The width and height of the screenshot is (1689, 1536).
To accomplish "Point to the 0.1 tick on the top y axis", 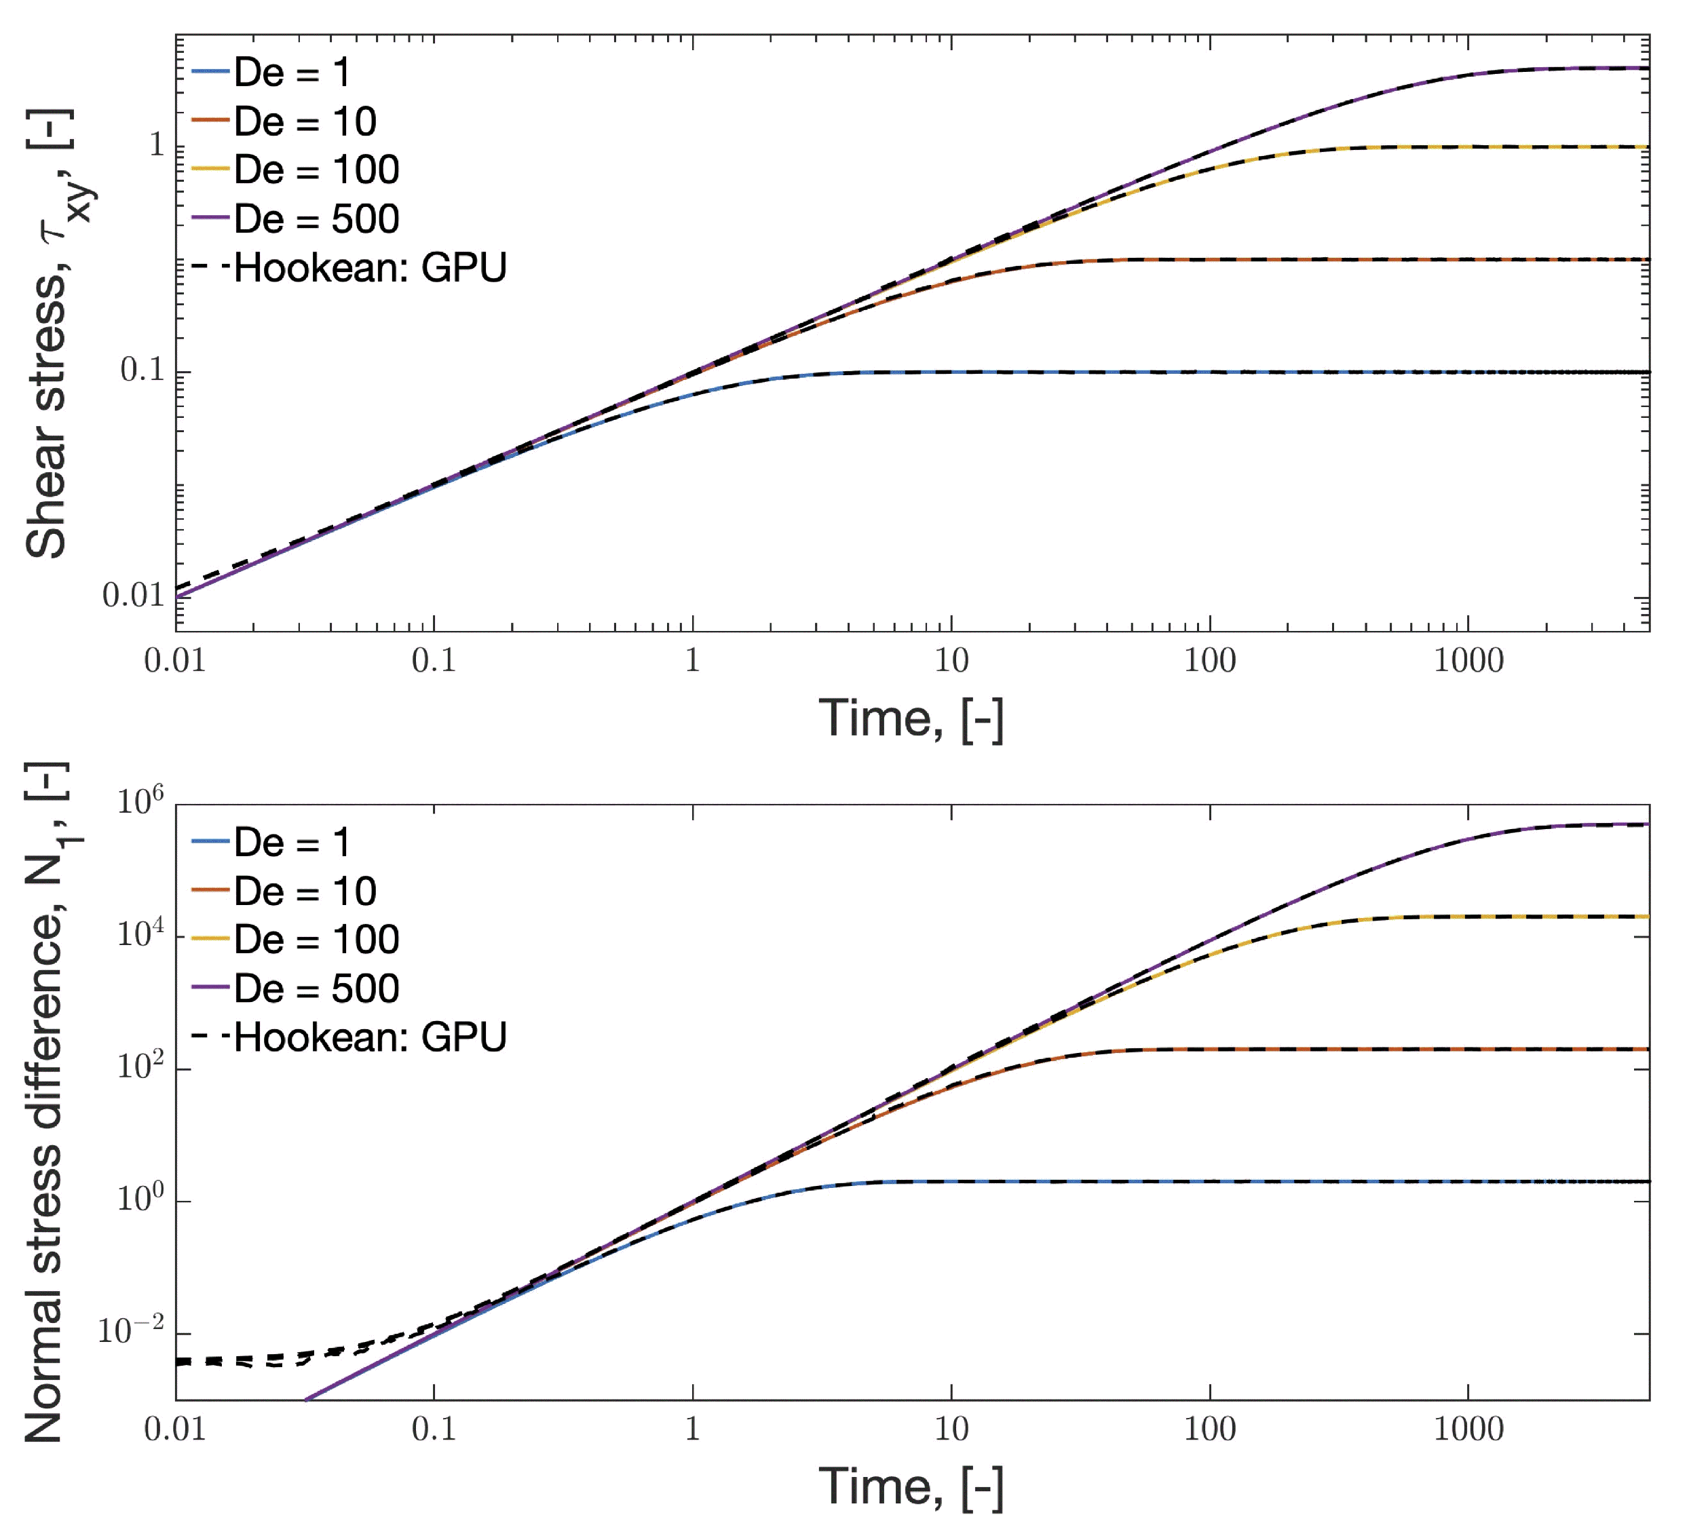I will [143, 370].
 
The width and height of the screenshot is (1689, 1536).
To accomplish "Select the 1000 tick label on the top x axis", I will [1468, 661].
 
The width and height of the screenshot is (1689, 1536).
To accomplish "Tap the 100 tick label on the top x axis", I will [1209, 661].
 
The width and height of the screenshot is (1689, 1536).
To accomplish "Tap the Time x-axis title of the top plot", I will [911, 718].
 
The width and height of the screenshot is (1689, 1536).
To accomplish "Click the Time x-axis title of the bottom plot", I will [911, 1487].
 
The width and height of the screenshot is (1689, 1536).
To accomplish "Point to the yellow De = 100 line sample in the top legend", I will [210, 170].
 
